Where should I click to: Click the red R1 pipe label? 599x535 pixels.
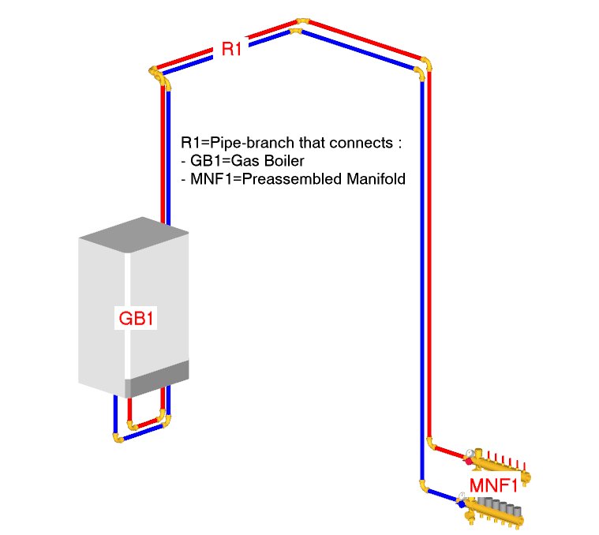click(x=231, y=50)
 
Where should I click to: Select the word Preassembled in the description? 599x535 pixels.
click(x=303, y=179)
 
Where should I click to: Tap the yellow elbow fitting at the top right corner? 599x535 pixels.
click(x=425, y=66)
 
